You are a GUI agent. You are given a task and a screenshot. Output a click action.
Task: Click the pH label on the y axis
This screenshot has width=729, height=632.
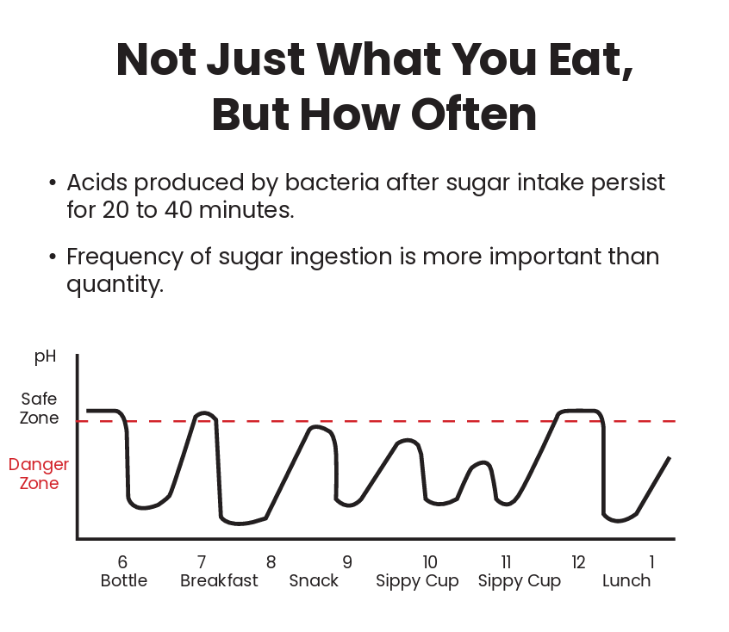[45, 356]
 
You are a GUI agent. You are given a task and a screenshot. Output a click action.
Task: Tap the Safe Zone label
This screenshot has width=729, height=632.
[40, 409]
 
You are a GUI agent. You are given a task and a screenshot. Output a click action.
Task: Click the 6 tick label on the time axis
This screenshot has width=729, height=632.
[122, 562]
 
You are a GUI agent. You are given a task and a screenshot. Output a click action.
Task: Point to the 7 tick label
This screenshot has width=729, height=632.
[202, 562]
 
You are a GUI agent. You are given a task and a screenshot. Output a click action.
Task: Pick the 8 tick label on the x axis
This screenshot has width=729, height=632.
[271, 562]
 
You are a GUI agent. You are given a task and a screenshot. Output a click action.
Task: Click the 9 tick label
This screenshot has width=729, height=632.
[347, 562]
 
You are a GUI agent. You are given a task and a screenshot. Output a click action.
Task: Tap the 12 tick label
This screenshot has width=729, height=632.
[577, 562]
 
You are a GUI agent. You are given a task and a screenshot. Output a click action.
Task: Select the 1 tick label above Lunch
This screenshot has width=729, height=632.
[651, 562]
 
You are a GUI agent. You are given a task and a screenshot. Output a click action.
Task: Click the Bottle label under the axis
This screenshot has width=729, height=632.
[124, 581]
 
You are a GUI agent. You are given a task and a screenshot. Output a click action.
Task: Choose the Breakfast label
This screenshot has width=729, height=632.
[219, 581]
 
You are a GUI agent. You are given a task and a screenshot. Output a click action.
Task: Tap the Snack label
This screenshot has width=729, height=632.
[314, 581]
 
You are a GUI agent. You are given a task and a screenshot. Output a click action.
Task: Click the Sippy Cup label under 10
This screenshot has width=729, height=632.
[417, 582]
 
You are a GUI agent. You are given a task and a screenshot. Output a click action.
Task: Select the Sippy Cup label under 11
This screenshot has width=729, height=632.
[520, 582]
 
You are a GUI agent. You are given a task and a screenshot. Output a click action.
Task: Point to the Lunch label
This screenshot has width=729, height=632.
[626, 581]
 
